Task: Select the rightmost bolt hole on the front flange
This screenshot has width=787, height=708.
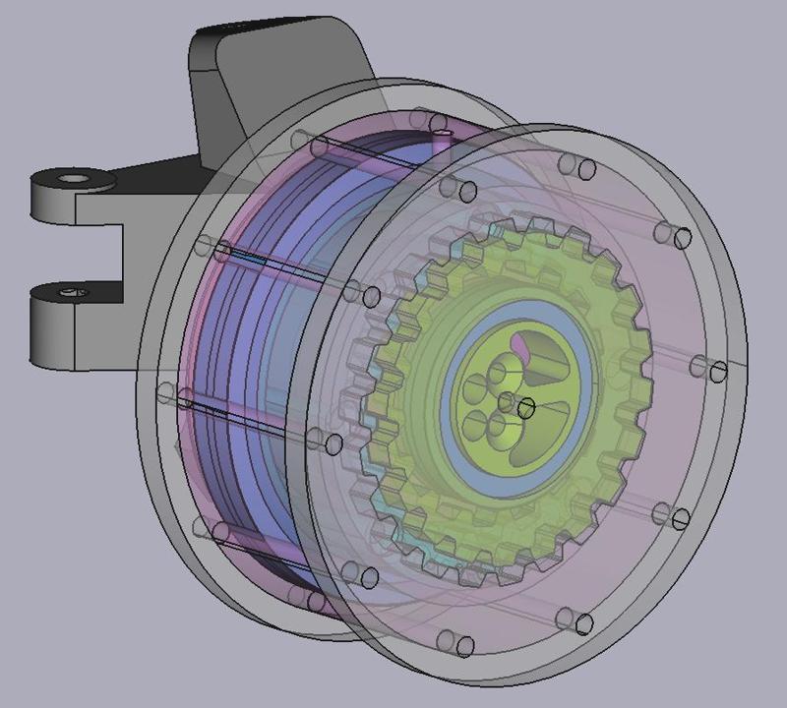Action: tap(719, 372)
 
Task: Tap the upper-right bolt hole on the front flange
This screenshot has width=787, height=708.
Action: tap(683, 238)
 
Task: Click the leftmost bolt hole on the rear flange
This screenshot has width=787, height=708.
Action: tap(163, 392)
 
